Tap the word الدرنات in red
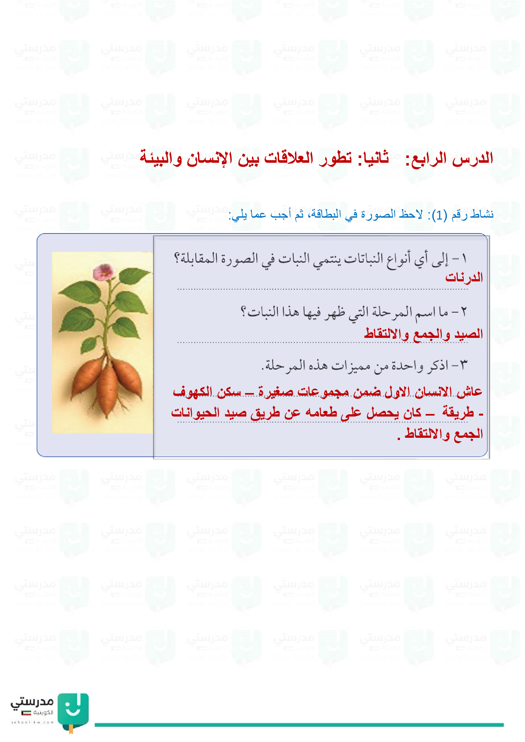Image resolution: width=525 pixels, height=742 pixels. click(464, 277)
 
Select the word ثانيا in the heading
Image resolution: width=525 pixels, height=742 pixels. click(373, 158)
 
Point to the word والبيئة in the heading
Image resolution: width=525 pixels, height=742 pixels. click(161, 158)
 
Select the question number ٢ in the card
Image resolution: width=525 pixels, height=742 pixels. click(463, 312)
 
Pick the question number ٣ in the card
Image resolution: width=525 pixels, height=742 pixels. click(463, 365)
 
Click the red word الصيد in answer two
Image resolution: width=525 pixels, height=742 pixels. click(469, 334)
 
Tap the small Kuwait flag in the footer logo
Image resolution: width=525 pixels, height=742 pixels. click(26, 712)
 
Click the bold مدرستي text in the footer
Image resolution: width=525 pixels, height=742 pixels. click(32, 702)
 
